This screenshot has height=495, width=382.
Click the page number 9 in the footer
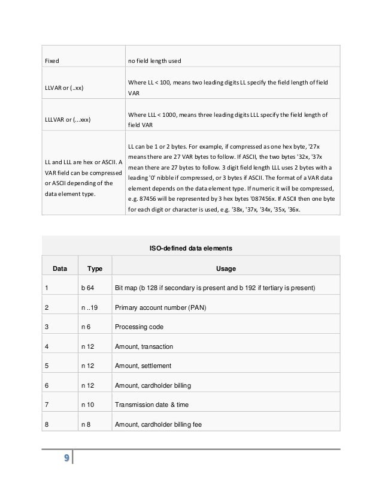click(x=65, y=460)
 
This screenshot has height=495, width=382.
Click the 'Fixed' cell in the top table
click(x=53, y=61)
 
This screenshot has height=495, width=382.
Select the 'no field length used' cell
click(x=159, y=61)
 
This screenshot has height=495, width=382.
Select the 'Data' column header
click(x=60, y=268)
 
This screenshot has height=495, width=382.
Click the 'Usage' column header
click(x=225, y=268)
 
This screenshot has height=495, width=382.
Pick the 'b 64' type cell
click(x=88, y=288)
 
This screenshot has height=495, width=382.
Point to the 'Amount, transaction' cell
click(x=143, y=347)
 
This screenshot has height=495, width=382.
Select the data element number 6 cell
click(x=46, y=386)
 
